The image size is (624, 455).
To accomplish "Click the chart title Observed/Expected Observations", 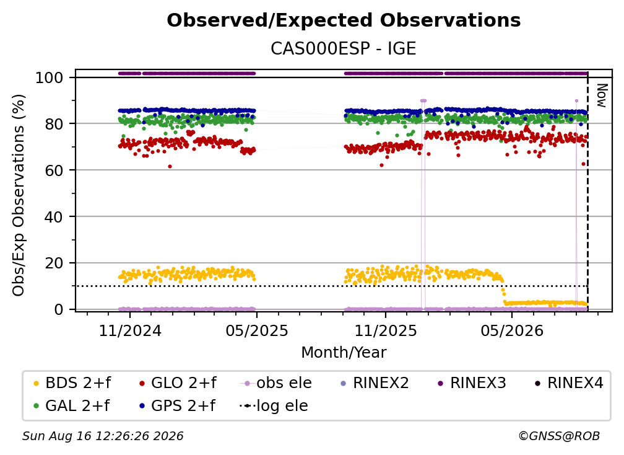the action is click(x=344, y=20).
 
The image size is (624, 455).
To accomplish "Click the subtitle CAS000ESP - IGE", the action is click(x=344, y=48).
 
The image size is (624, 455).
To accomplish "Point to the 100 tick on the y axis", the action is click(x=50, y=77).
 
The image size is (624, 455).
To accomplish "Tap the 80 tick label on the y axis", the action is click(x=54, y=124).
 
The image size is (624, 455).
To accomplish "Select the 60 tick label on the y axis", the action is click(x=54, y=170).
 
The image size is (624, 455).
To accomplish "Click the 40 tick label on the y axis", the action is click(x=54, y=217).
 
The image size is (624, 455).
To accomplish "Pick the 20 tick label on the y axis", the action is click(x=54, y=263).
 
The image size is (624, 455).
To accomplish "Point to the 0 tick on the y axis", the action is click(x=59, y=309).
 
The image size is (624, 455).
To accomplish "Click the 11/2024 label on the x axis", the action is click(x=130, y=330).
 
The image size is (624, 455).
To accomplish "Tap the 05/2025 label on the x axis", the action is click(x=257, y=330).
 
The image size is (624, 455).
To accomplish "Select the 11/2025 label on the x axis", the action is click(x=385, y=330).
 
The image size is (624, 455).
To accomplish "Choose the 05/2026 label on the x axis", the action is click(x=512, y=330).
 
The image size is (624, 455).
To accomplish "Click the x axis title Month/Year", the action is click(x=344, y=352).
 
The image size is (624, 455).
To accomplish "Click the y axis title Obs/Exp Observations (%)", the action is click(x=19, y=195).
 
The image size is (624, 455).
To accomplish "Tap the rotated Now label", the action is click(x=602, y=95).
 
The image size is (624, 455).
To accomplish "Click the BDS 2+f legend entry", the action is click(x=72, y=383).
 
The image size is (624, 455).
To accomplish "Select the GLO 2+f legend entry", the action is click(x=178, y=383).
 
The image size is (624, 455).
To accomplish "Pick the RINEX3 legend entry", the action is click(x=472, y=383).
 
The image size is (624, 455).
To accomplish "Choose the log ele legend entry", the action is click(x=274, y=406).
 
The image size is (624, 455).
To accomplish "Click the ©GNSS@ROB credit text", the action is click(x=559, y=436).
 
